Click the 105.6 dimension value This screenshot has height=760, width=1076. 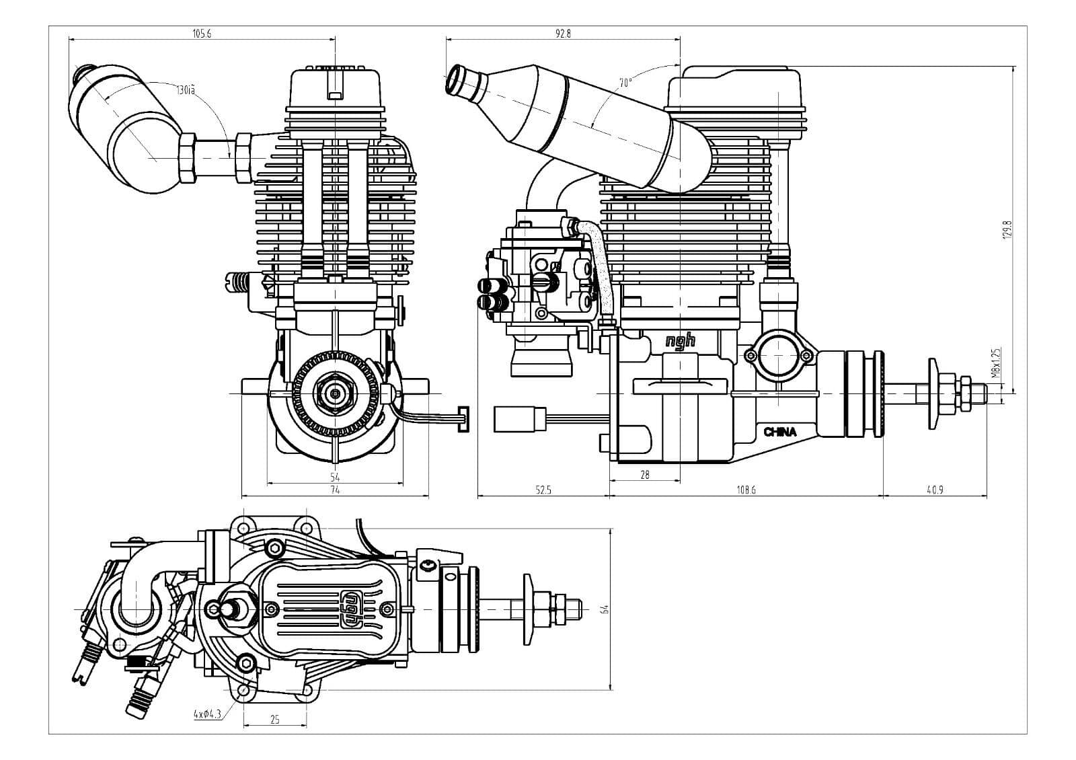pos(201,33)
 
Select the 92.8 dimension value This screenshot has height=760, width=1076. pos(563,33)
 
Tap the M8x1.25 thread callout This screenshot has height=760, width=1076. pos(997,363)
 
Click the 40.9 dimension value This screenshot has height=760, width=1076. pos(935,490)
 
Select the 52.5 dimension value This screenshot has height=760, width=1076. pos(543,490)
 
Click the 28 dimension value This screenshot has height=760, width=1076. pos(645,475)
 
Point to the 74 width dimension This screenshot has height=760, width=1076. pos(335,490)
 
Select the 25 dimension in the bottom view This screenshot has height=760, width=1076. pos(274,720)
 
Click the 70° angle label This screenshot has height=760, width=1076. pos(625,83)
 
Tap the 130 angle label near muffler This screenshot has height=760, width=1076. pos(186,89)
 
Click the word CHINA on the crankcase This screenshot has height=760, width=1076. pos(780,432)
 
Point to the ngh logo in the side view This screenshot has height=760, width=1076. pos(680,341)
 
